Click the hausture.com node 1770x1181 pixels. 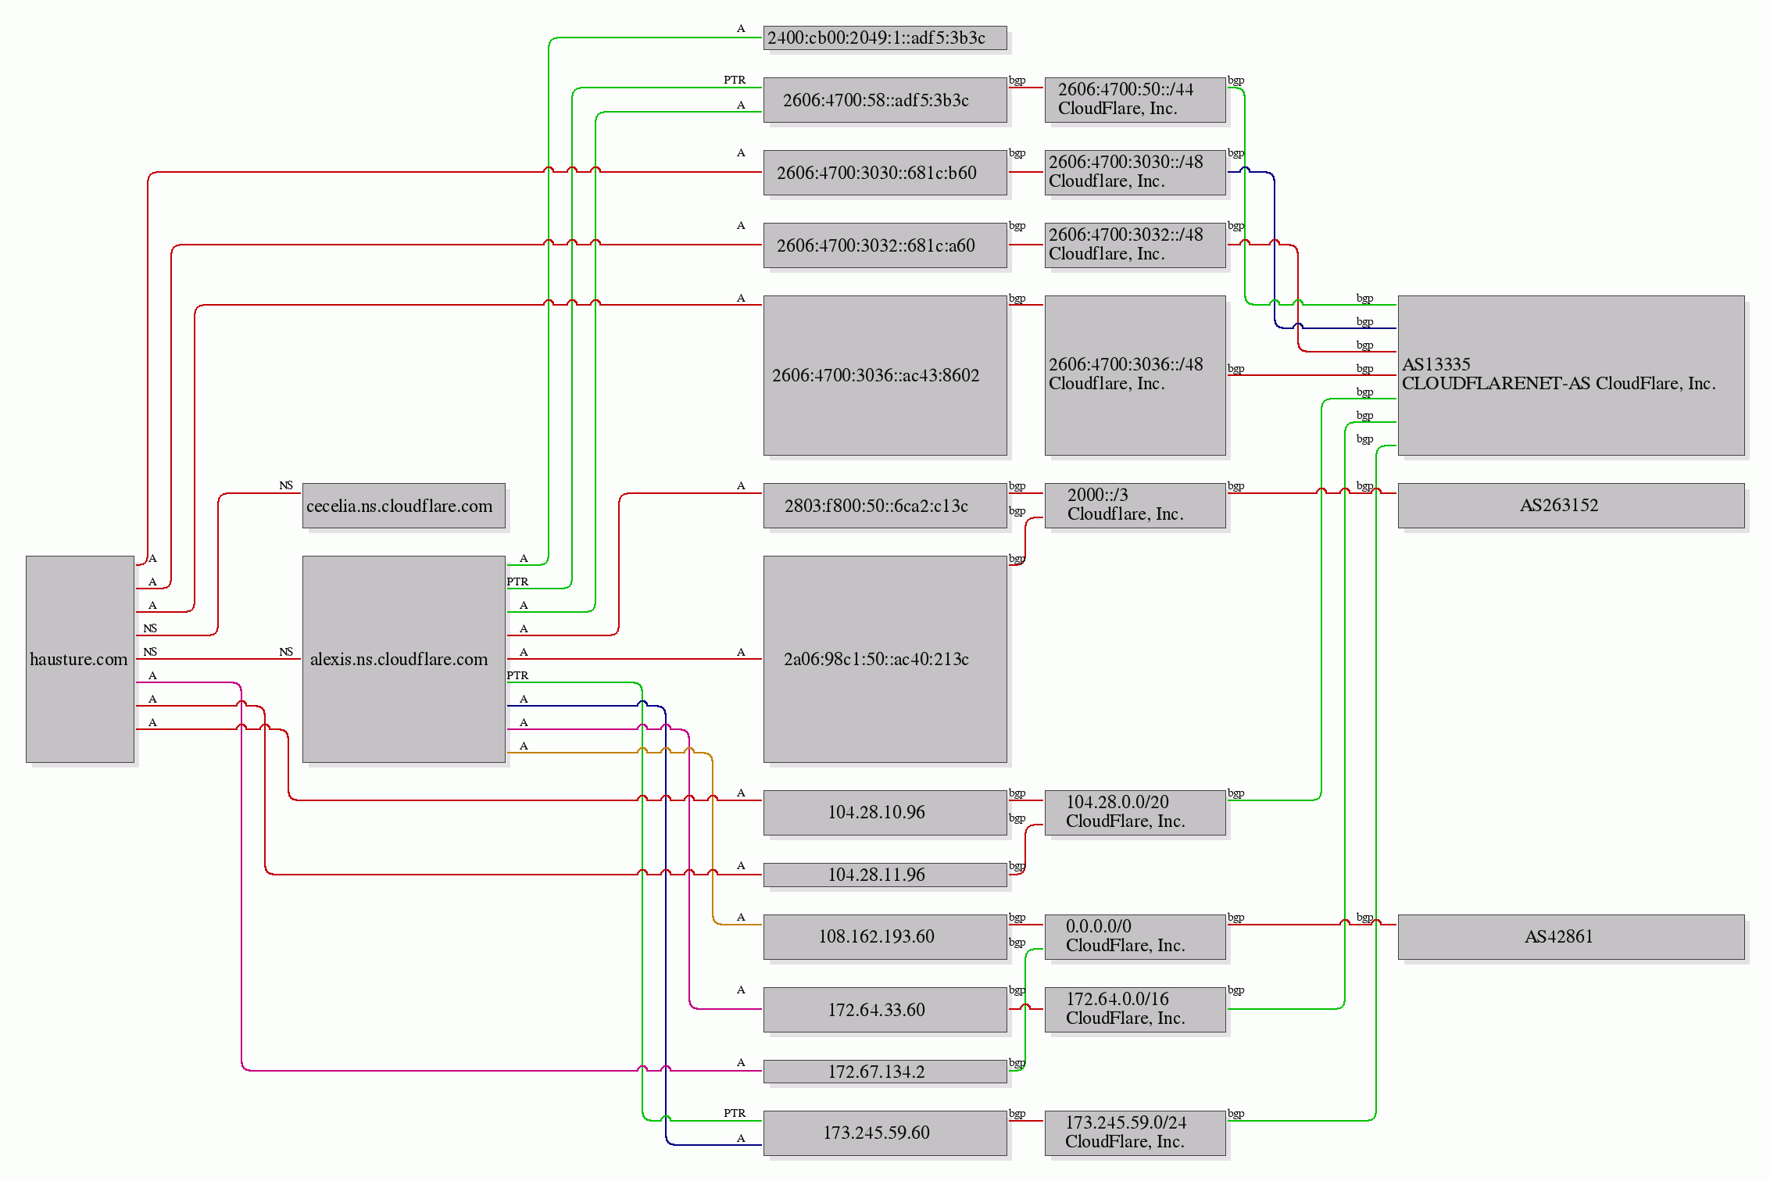tap(80, 659)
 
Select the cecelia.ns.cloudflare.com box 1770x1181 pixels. tap(404, 506)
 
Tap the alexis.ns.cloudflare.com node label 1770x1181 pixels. tap(399, 659)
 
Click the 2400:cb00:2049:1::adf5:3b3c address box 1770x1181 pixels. tap(885, 38)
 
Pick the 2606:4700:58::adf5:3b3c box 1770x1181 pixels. tap(885, 100)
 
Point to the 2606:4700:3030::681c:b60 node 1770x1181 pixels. tap(885, 173)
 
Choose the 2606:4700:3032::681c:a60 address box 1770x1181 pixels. tap(885, 245)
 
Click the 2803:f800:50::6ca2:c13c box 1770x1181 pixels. tap(885, 506)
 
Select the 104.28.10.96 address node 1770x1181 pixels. tap(885, 812)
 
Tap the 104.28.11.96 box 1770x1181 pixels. tap(885, 875)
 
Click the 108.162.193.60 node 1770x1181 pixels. tap(885, 936)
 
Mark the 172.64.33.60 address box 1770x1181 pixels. tap(885, 1010)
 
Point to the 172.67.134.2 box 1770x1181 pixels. tap(885, 1072)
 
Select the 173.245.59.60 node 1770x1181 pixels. tap(885, 1133)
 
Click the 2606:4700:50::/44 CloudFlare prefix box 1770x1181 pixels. tap(1135, 100)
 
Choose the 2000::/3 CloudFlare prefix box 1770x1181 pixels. tap(1135, 506)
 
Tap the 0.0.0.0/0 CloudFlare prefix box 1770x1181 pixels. tap(1135, 936)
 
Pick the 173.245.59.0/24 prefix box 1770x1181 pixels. tap(1135, 1133)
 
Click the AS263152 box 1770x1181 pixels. tap(1571, 506)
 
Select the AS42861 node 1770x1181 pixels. tap(1571, 936)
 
